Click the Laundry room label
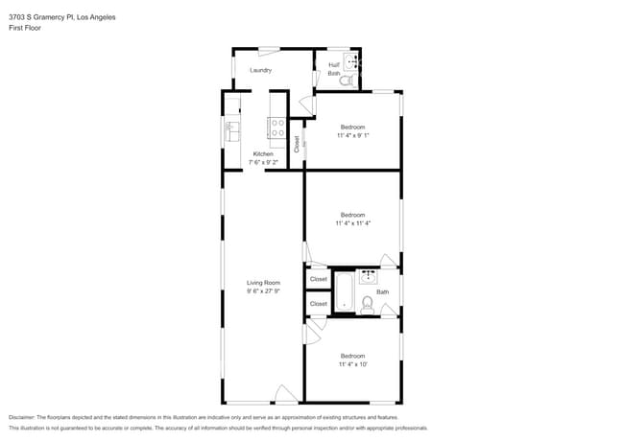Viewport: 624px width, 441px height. pyautogui.click(x=260, y=70)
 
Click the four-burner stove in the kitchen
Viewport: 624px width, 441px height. pyautogui.click(x=276, y=124)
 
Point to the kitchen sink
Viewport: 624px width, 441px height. pyautogui.click(x=231, y=130)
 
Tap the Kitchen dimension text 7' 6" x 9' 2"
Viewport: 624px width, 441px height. pyautogui.click(x=263, y=163)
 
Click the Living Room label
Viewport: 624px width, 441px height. pyautogui.click(x=263, y=282)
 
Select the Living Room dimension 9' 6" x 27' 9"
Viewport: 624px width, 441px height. pyautogui.click(x=263, y=291)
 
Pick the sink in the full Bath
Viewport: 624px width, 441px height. pyautogui.click(x=369, y=278)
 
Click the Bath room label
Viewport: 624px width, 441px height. pyautogui.click(x=382, y=292)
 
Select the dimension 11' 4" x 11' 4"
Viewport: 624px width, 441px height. pyautogui.click(x=353, y=223)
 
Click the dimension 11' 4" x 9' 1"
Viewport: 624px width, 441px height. pyautogui.click(x=353, y=136)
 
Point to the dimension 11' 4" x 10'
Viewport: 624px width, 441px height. pyautogui.click(x=353, y=364)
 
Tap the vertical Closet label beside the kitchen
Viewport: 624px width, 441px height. pyautogui.click(x=297, y=144)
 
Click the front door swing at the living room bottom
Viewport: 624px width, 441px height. pyautogui.click(x=285, y=393)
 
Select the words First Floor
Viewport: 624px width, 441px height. pyautogui.click(x=25, y=28)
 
